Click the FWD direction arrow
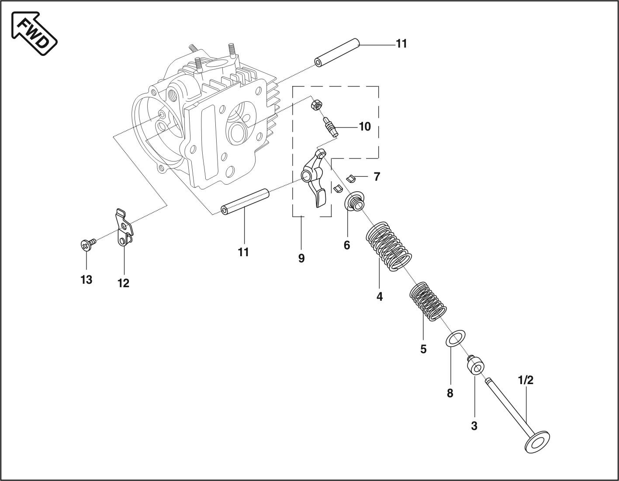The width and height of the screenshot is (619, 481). pyautogui.click(x=34, y=33)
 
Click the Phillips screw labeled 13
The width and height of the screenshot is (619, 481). pyautogui.click(x=88, y=244)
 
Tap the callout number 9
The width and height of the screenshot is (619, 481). pyautogui.click(x=301, y=258)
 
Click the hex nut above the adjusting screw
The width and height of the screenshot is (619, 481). pyautogui.click(x=316, y=105)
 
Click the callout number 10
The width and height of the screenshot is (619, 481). pyautogui.click(x=365, y=127)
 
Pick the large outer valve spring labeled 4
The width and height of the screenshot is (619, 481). pyautogui.click(x=388, y=246)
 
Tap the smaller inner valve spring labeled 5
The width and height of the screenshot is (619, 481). pyautogui.click(x=428, y=302)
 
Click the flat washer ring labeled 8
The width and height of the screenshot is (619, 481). pyautogui.click(x=455, y=338)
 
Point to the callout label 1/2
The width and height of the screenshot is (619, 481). pyautogui.click(x=526, y=380)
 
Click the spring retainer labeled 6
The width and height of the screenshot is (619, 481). pyautogui.click(x=355, y=201)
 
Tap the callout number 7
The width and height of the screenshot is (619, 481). pyautogui.click(x=377, y=177)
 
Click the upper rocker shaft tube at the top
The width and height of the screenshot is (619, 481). pyautogui.click(x=337, y=53)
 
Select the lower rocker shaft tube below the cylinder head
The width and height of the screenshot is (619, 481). pyautogui.click(x=245, y=202)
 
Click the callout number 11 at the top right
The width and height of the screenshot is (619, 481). pyautogui.click(x=401, y=44)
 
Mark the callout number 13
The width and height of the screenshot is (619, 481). pyautogui.click(x=86, y=280)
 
